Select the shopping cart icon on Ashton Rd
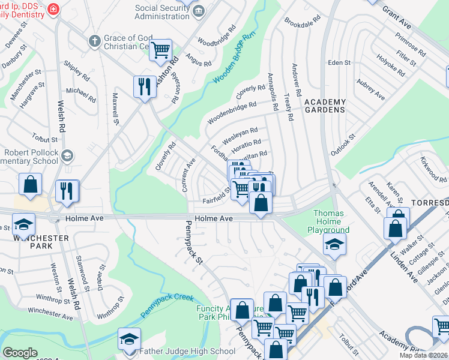pos(160,51)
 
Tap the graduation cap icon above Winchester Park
pos(23,225)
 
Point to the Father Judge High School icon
pos(129,340)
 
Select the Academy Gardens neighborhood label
pos(325,106)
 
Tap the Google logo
pos(20,353)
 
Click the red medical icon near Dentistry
pos(54,9)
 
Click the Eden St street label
pos(339,62)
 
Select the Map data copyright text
pos(423,355)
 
